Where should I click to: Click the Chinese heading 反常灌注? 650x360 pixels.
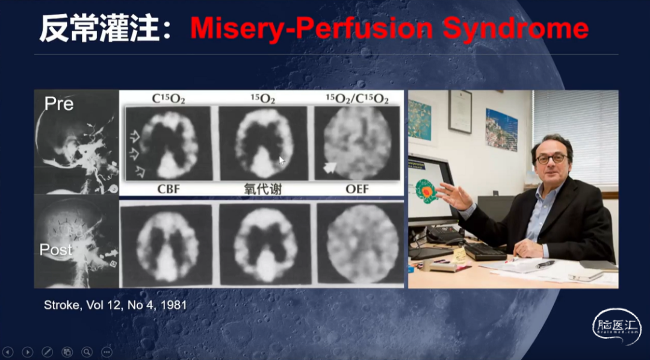(x=99, y=28)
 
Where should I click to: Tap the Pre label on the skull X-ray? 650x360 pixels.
(x=59, y=104)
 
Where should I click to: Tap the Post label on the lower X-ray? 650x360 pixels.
(x=55, y=250)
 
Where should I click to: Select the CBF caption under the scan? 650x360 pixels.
(x=169, y=189)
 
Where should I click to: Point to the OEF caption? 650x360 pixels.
(x=357, y=189)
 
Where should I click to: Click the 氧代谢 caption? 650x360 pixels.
(x=263, y=189)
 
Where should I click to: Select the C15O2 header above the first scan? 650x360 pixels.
(x=169, y=99)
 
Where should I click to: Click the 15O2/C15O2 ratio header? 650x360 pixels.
(x=357, y=99)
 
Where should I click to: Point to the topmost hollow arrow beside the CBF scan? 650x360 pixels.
(x=135, y=135)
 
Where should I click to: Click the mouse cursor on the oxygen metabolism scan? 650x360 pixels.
(x=282, y=161)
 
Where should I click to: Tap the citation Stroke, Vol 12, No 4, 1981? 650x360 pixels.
(x=115, y=305)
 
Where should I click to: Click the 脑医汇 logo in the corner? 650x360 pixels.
(x=616, y=326)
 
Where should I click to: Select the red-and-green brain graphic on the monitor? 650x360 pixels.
(x=426, y=191)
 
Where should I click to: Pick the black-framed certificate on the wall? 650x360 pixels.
(x=460, y=111)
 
